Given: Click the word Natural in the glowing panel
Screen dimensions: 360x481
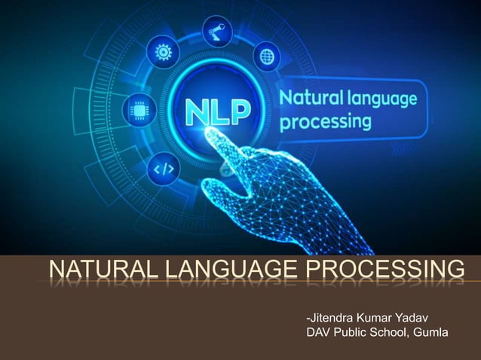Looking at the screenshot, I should coord(310,97).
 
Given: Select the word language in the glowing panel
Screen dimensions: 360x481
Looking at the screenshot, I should coord(381,98).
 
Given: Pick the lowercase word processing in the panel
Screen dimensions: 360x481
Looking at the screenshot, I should coord(325,121).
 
